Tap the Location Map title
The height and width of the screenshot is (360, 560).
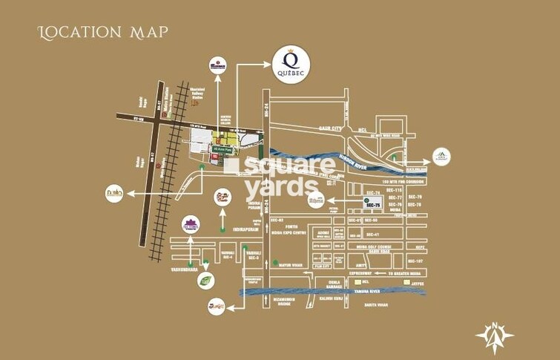tap(103, 32)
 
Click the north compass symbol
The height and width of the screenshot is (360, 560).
tap(495, 333)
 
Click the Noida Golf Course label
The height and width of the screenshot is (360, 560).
tap(372, 247)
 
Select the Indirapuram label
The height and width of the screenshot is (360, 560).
tap(248, 230)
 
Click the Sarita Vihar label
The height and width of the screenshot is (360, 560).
tap(377, 304)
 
